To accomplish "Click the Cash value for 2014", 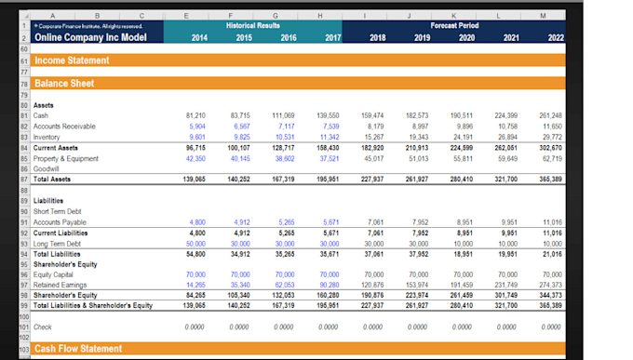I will pos(196,115).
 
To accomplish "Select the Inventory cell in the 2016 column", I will pos(286,136).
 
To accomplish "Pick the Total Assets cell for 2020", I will pos(462,178).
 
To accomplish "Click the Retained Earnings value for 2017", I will pos(330,285).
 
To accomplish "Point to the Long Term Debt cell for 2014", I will pos(196,243).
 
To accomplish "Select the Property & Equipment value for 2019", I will pos(418,157).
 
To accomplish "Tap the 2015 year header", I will pos(244,38).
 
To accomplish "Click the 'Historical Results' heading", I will pos(254,27).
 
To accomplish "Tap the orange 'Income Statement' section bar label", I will pos(71,60).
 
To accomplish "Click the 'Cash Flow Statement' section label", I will pos(78,349).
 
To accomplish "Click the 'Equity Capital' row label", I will pos(55,274).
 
